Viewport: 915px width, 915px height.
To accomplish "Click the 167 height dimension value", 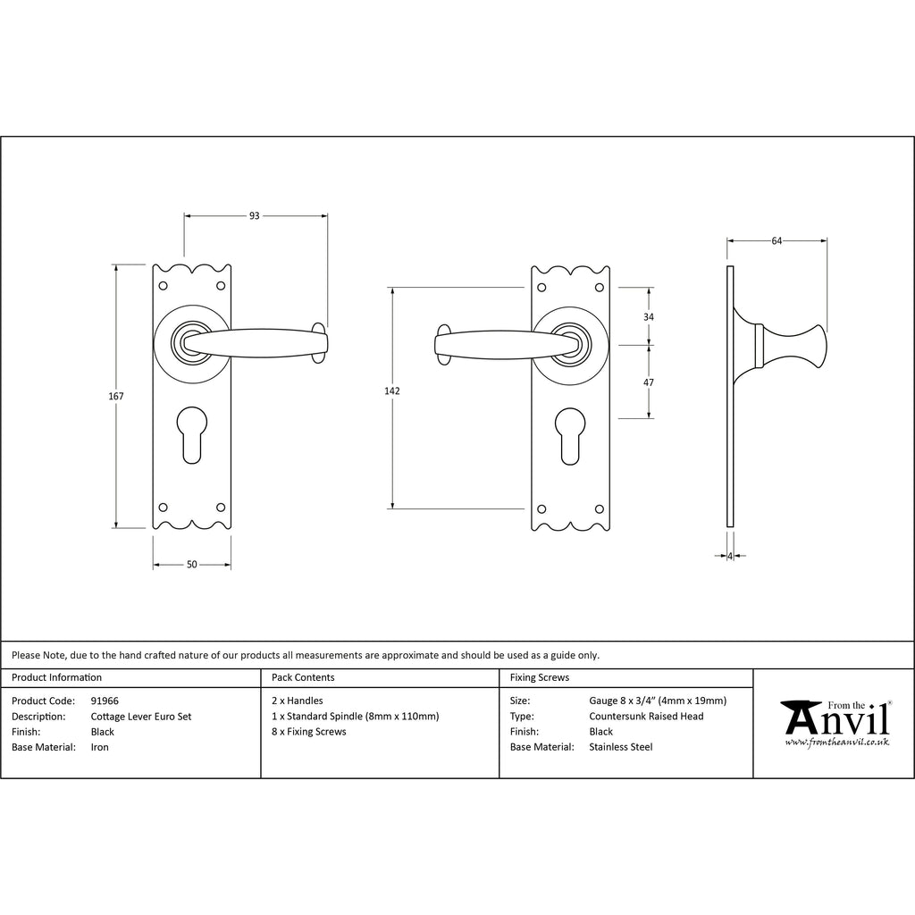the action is [116, 396].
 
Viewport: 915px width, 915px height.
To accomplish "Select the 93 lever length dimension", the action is [255, 216].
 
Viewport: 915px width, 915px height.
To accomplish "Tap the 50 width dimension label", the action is [192, 565].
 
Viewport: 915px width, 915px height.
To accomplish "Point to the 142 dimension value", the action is [392, 391].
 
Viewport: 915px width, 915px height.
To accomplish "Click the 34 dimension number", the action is [649, 317].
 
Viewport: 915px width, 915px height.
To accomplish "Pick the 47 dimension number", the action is [649, 382].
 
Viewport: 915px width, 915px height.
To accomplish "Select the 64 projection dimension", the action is [776, 241].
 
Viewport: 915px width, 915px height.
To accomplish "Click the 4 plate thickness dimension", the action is [730, 556].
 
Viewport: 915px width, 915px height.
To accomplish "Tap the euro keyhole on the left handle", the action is [192, 435].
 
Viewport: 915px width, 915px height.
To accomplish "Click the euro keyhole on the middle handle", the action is [570, 436].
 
